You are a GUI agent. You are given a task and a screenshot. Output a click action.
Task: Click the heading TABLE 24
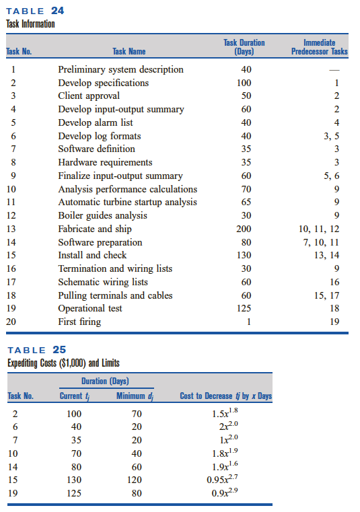pyautogui.click(x=36, y=11)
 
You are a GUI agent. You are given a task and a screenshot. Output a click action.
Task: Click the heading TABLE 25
pyautogui.click(x=36, y=351)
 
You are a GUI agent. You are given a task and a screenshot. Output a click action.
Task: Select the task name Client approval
pyautogui.click(x=89, y=96)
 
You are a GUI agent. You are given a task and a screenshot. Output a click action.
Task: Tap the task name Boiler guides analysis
pyautogui.click(x=102, y=215)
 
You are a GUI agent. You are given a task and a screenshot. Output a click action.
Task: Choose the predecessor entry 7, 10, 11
pyautogui.click(x=322, y=242)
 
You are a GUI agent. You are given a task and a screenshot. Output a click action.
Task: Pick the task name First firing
pyautogui.click(x=79, y=322)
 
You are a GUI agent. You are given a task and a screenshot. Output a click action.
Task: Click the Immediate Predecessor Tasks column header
pyautogui.click(x=320, y=46)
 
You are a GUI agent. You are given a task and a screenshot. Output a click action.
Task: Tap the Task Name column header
pyautogui.click(x=129, y=51)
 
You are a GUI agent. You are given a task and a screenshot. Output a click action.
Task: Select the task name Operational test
pyautogui.click(x=90, y=308)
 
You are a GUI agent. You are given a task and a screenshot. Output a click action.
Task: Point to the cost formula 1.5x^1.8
pyautogui.click(x=225, y=413)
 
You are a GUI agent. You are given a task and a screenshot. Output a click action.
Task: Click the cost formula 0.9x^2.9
pyautogui.click(x=225, y=492)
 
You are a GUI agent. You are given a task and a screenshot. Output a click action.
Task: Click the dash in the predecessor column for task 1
pyautogui.click(x=336, y=70)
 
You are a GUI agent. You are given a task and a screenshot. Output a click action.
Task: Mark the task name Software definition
pyautogui.click(x=96, y=149)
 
